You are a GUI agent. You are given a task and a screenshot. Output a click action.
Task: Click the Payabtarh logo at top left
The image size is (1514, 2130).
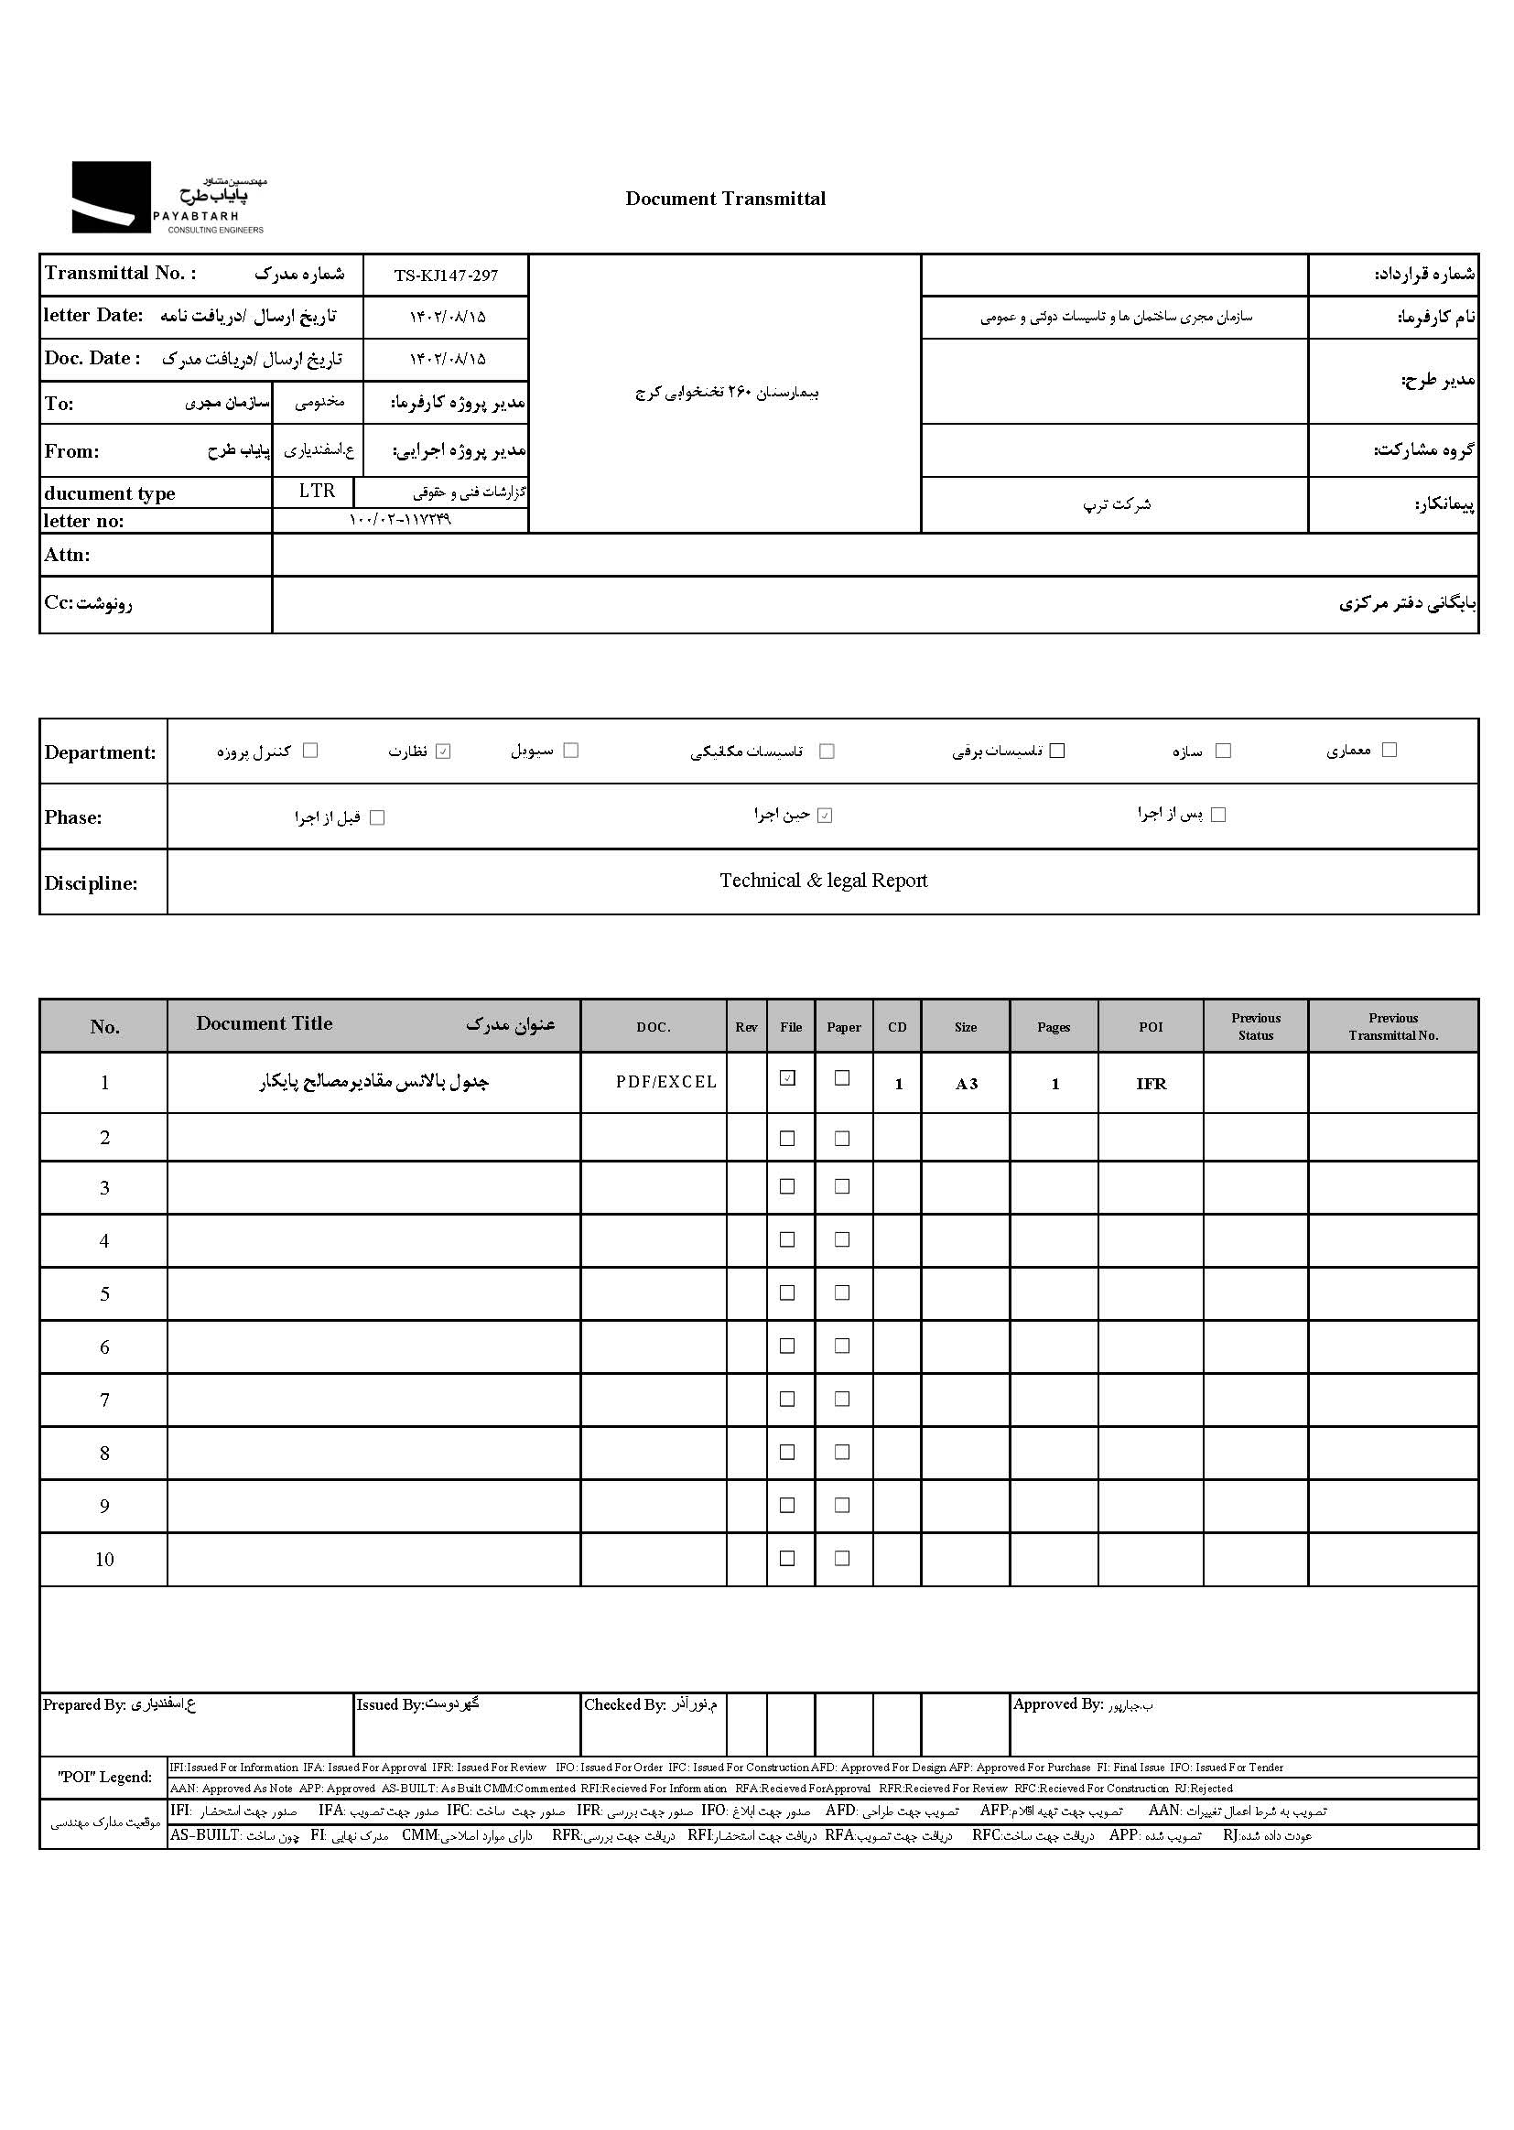pos(168,198)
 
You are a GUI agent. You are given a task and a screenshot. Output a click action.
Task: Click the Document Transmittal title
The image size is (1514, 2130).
pos(725,199)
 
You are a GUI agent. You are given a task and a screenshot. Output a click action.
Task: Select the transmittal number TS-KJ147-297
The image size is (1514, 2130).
pos(446,276)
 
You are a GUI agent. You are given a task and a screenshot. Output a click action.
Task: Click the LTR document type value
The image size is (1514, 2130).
pos(317,492)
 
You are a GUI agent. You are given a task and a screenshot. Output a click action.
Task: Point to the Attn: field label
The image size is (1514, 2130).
pos(67,555)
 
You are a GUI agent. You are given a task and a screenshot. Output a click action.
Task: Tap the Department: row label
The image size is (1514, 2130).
pos(101,752)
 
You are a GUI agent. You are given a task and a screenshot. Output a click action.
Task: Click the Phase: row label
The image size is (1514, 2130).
pos(73,817)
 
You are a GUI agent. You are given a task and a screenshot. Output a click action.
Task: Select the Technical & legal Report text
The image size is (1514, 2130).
pos(823,881)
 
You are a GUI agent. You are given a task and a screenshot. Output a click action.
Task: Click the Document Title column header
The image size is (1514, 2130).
pos(264,1023)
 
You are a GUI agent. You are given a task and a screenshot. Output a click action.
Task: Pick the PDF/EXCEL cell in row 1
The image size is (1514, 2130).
pos(665,1082)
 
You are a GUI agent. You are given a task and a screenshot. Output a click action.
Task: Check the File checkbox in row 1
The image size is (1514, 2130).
pos(788,1078)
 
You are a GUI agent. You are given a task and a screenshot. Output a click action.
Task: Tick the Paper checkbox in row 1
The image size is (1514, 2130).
pos(842,1078)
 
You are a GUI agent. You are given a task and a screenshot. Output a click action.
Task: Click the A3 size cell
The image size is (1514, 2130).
pos(966,1084)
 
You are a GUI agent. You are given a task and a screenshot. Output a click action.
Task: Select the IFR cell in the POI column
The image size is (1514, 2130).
pos(1151,1084)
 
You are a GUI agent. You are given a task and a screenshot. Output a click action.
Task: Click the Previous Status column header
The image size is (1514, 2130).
pos(1255,1026)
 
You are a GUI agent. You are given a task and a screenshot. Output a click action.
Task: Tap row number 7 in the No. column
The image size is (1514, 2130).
pos(104,1400)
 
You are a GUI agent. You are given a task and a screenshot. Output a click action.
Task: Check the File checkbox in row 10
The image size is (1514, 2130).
pos(788,1559)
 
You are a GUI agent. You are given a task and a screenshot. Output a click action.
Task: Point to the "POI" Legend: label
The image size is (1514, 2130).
pos(104,1777)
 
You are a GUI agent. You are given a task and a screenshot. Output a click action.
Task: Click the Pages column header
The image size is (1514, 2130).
pos(1054,1027)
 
